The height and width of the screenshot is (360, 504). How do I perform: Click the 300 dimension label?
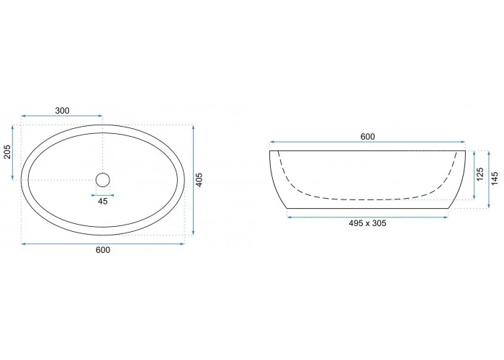pos(62,111)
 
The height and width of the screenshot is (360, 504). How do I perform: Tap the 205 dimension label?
pos(7,152)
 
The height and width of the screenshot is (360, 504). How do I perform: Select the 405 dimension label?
pos(199,180)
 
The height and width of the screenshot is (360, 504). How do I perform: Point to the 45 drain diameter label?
pos(102,202)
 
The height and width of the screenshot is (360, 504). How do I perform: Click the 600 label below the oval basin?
pos(103,250)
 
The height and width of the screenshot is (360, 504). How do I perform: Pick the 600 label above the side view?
pos(367,137)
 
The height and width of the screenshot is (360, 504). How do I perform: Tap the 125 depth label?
pos(480,174)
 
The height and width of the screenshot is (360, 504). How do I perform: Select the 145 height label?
pos(495,179)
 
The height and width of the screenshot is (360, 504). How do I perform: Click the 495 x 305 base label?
pos(367,223)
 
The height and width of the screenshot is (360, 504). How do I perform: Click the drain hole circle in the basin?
pos(103,174)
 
